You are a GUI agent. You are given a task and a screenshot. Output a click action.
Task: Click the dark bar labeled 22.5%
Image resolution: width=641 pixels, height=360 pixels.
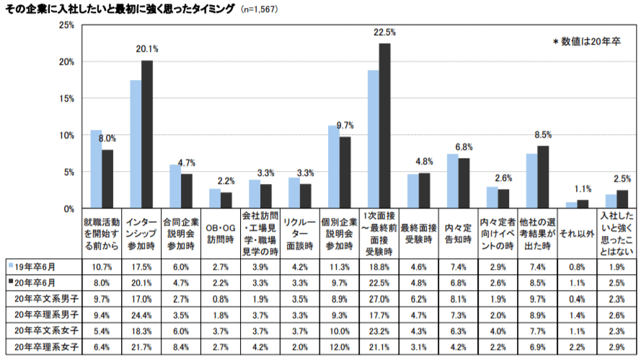tap(385, 126)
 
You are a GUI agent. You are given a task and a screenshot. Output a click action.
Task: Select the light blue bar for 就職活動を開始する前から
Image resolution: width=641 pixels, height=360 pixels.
tap(96, 170)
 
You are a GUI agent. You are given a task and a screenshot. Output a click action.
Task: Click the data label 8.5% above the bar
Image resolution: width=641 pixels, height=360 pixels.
tap(543, 135)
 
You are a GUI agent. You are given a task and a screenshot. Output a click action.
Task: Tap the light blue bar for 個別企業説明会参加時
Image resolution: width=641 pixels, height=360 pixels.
tap(334, 167)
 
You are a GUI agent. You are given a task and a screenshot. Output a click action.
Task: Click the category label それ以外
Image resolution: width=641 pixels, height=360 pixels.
tap(578, 234)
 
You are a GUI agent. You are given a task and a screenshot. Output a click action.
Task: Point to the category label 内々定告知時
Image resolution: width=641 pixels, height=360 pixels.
tap(458, 234)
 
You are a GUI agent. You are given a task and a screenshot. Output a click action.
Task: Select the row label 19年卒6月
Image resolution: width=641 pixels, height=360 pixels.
tap(43, 266)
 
